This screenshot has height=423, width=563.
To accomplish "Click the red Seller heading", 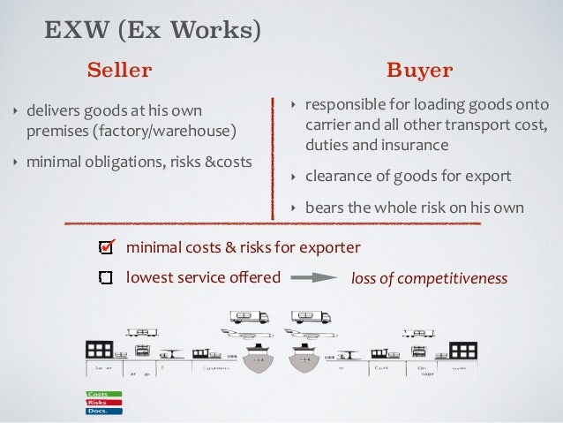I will tap(119, 70).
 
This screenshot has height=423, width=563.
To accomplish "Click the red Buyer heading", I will tap(420, 70).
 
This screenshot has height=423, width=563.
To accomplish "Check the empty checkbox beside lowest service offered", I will tap(106, 277).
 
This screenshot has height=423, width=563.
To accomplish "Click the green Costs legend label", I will tap(97, 392).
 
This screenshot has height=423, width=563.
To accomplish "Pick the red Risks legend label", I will tap(97, 402).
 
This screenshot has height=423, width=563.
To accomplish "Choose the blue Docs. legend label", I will tap(97, 411).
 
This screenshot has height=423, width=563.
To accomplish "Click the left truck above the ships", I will tap(249, 316).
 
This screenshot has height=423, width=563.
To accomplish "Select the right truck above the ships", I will tap(311, 316).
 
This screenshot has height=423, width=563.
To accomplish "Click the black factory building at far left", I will tap(98, 350).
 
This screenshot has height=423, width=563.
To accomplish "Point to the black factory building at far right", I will tap(462, 351).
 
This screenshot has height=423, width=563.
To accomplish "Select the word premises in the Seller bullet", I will tap(55, 132).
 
